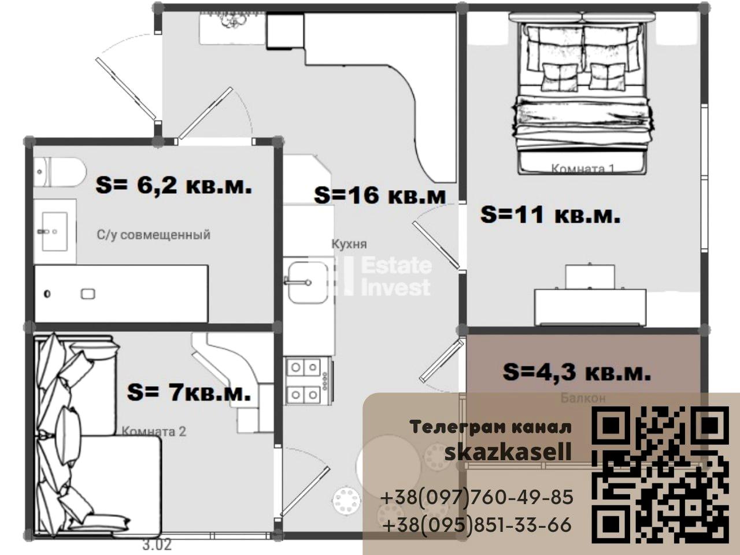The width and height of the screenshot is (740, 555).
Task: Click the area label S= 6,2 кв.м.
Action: click(174, 186)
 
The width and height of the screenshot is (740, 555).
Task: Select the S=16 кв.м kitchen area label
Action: click(380, 195)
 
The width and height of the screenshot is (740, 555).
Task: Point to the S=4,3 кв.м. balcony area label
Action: click(576, 372)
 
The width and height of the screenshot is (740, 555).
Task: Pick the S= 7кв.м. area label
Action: click(189, 393)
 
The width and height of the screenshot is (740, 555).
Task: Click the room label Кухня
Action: click(349, 244)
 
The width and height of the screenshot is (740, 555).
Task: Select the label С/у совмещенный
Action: click(153, 235)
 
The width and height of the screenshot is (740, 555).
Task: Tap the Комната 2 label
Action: click(154, 431)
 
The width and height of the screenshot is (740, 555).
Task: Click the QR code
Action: click(660, 475)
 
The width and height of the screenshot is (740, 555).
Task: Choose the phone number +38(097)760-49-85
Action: click(477, 497)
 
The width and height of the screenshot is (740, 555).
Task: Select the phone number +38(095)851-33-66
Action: click(478, 525)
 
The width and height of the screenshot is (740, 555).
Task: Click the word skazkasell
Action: click(508, 452)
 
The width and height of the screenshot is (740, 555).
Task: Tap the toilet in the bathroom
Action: click(60, 172)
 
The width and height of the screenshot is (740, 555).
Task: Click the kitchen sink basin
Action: click(308, 282)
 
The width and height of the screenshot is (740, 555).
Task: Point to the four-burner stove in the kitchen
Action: click(308, 380)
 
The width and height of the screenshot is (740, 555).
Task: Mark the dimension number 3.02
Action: click(157, 545)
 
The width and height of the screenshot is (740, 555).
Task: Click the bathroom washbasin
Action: click(55, 231)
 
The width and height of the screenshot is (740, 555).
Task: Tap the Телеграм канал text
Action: click(491, 427)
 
